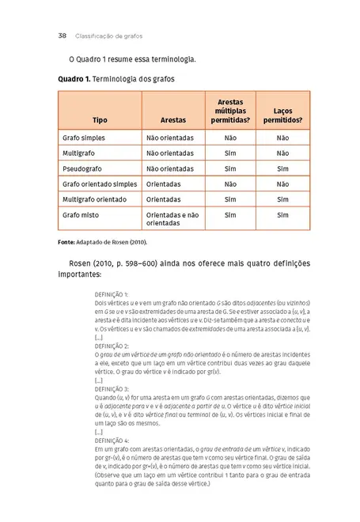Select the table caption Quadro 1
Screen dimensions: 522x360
pyautogui.click(x=75, y=80)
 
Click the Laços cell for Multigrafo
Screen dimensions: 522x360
pyautogui.click(x=282, y=153)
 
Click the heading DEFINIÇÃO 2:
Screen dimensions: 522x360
pyautogui.click(x=116, y=346)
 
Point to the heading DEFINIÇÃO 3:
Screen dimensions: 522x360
pyautogui.click(x=116, y=389)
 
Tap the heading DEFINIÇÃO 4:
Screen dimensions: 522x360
pyautogui.click(x=116, y=441)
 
